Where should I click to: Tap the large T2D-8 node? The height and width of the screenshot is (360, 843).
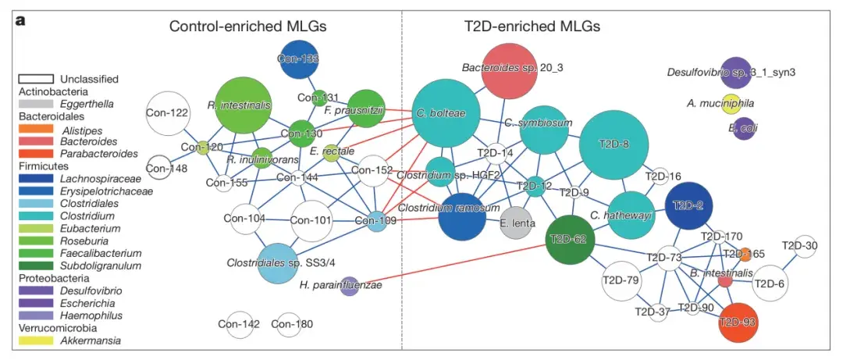(x=614, y=144)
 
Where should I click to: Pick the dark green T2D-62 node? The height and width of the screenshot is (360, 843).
(x=567, y=239)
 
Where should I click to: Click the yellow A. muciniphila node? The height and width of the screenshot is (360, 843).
(x=731, y=102)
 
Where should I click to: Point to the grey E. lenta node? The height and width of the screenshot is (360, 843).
(x=515, y=222)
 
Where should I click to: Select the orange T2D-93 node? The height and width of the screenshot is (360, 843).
(x=738, y=322)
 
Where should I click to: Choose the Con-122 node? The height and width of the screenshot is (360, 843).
(x=168, y=113)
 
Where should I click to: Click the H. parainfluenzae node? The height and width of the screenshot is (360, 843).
(x=349, y=286)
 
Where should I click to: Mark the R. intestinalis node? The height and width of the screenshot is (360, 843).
(x=240, y=104)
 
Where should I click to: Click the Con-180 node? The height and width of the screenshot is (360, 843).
(x=287, y=324)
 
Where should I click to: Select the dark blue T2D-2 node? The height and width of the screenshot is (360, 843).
(x=688, y=205)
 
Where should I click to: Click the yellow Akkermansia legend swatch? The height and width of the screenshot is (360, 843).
(x=36, y=340)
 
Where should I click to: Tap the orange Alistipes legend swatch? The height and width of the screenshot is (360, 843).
(x=36, y=130)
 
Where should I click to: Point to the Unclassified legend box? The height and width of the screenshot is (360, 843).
(x=36, y=79)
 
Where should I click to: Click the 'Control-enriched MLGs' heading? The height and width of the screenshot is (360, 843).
(x=247, y=27)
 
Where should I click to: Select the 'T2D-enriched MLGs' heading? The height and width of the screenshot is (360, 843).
(x=528, y=27)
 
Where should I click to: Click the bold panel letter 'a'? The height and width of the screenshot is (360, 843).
(x=21, y=21)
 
